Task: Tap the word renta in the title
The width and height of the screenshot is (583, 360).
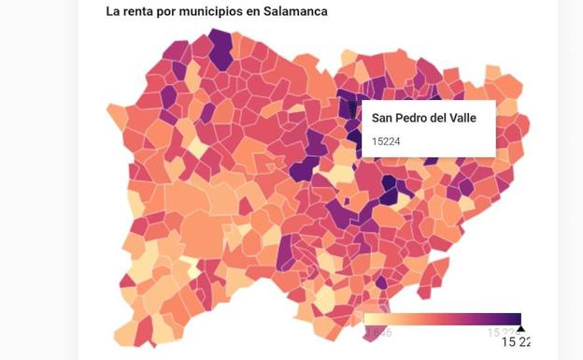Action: [x=140, y=12]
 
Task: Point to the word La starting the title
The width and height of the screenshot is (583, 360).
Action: [x=113, y=12]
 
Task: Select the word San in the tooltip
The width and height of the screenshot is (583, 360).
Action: [x=383, y=118]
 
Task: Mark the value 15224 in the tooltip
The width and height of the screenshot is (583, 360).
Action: [x=387, y=141]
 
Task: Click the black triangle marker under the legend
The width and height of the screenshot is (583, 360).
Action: [x=520, y=327]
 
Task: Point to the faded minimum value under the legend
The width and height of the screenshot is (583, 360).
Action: [x=377, y=332]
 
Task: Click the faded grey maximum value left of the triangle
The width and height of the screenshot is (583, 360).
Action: [x=497, y=332]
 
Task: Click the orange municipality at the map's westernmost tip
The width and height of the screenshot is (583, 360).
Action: [x=117, y=114]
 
